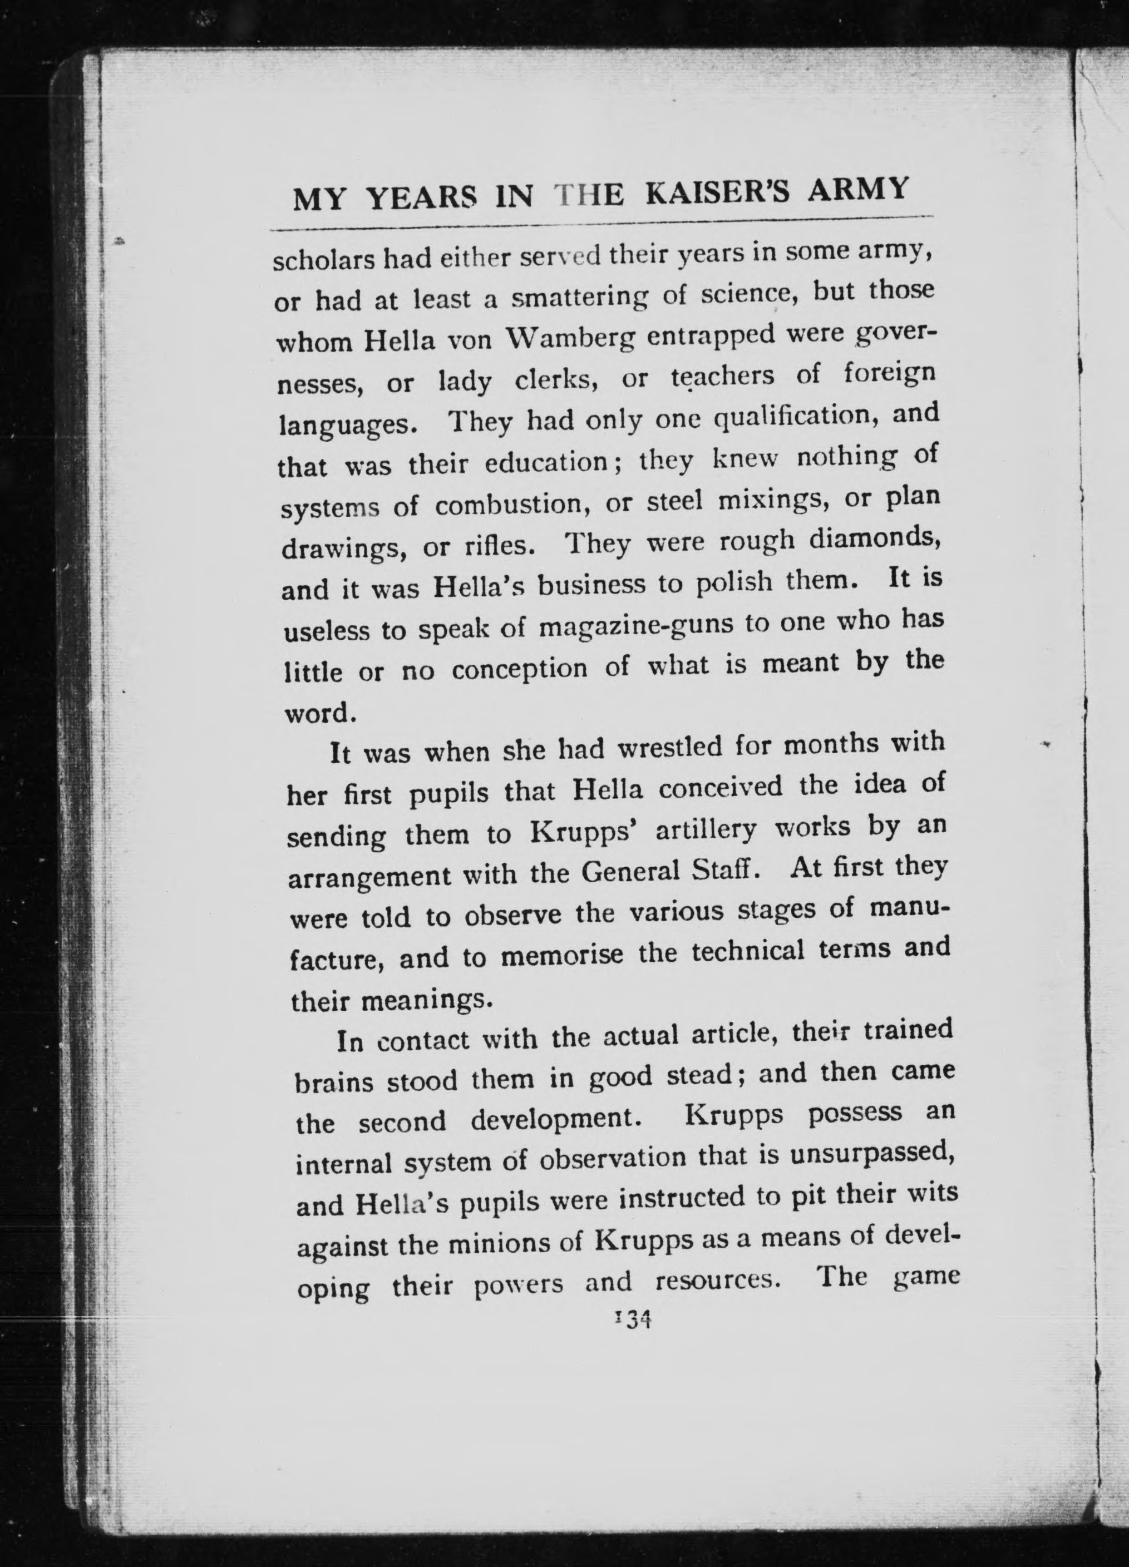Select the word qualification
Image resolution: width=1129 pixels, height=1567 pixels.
pyautogui.click(x=794, y=417)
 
